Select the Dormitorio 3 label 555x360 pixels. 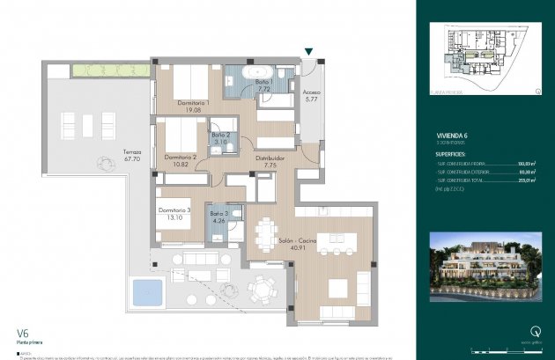coord(174,210)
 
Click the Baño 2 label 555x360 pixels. coord(222,135)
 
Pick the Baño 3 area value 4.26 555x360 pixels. coord(218,221)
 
